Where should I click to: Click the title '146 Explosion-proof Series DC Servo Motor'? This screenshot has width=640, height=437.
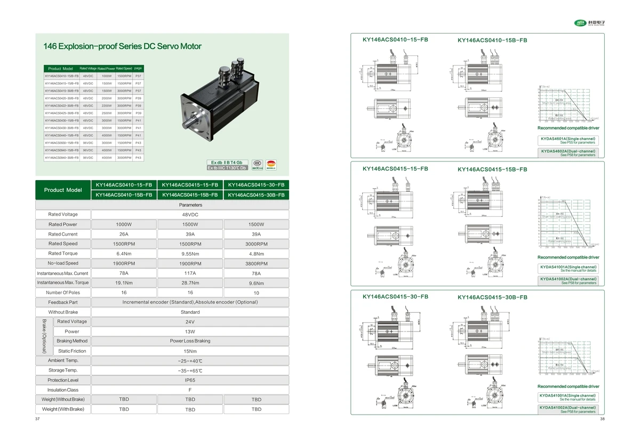pyautogui.click(x=123, y=46)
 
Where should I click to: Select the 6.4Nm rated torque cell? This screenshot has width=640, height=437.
pyautogui.click(x=124, y=254)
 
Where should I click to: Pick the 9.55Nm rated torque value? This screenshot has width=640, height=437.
pyautogui.click(x=190, y=254)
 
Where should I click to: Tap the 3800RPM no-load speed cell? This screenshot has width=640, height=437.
pyautogui.click(x=256, y=263)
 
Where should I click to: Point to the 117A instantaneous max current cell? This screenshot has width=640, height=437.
pyautogui.click(x=190, y=273)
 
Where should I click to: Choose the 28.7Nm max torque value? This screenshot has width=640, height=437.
pyautogui.click(x=190, y=283)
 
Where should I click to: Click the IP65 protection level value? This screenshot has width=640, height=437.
pyautogui.click(x=190, y=380)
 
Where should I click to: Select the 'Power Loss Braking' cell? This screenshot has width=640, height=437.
pyautogui.click(x=190, y=341)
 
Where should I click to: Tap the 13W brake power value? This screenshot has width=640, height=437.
pyautogui.click(x=190, y=331)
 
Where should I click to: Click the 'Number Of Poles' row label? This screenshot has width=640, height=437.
pyautogui.click(x=62, y=293)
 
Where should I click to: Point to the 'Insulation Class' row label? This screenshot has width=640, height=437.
pyautogui.click(x=62, y=390)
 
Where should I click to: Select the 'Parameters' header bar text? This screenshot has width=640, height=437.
pyautogui.click(x=190, y=205)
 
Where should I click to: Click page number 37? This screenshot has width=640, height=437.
pyautogui.click(x=37, y=419)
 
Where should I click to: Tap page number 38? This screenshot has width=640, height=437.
pyautogui.click(x=602, y=419)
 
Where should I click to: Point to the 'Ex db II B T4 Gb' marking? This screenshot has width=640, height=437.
pyautogui.click(x=227, y=162)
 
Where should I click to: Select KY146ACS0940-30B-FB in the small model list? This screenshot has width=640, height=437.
pyautogui.click(x=62, y=158)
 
